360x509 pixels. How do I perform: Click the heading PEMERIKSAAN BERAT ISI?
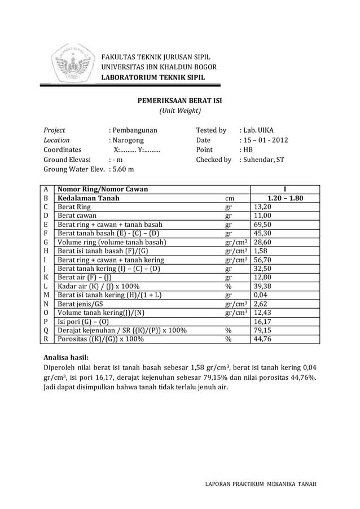[180, 100]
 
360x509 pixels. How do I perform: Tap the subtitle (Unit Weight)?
[180, 111]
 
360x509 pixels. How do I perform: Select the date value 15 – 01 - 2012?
[264, 140]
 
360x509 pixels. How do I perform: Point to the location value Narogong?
[127, 140]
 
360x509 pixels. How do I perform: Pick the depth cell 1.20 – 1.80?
[284, 199]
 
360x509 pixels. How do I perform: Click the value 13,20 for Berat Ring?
[263, 207]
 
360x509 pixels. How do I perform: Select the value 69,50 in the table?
[263, 225]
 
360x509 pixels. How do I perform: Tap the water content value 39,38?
[263, 287]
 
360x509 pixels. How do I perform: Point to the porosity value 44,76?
[263, 339]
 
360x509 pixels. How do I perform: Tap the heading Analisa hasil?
[67, 357]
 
